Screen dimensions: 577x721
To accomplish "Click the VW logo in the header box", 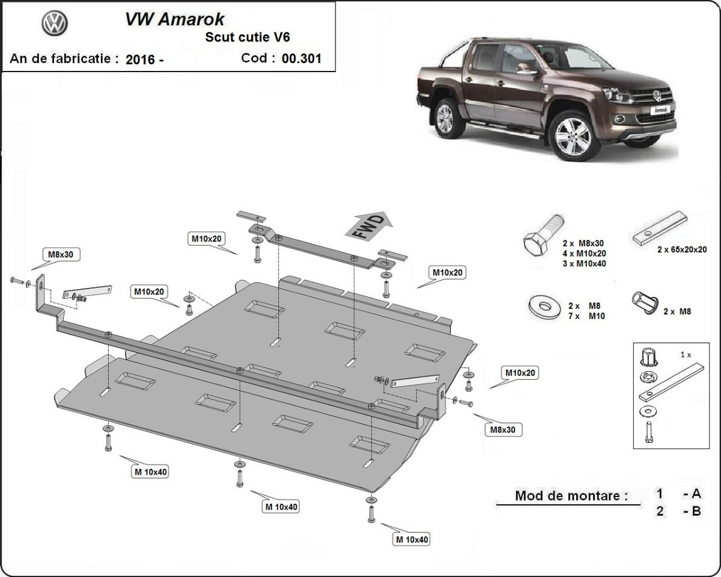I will pos(55,23).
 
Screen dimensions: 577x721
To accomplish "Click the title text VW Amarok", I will pos(174,19).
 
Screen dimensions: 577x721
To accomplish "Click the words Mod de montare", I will pos(571,496).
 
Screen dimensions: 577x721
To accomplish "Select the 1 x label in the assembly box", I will pos(685,355).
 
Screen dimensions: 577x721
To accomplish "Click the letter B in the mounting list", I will pos(696,512).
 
